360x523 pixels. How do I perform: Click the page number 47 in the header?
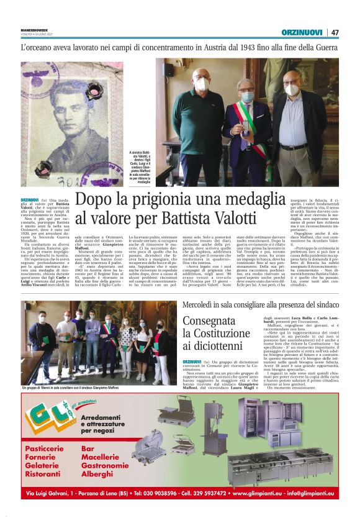(x=335, y=32)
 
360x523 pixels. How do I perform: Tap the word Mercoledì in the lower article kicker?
(x=199, y=306)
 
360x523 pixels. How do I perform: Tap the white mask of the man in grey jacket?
(x=291, y=90)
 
